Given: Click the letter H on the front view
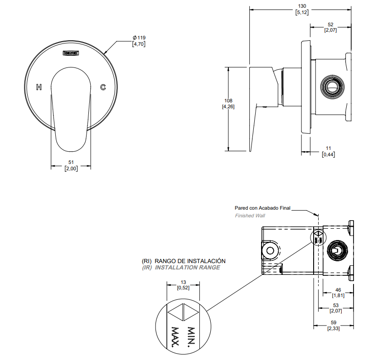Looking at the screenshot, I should click(x=39, y=87).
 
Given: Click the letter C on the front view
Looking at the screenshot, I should click(x=103, y=87).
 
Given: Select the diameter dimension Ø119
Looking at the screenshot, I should click(x=139, y=38).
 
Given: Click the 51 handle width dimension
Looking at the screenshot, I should click(x=71, y=162).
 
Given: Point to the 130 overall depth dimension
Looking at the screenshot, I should click(x=302, y=6).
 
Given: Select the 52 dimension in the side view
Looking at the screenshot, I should click(x=330, y=24).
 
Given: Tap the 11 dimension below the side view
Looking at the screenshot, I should click(x=329, y=148).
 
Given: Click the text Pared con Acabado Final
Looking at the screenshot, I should click(x=262, y=208).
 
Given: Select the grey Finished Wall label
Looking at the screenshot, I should click(x=250, y=216).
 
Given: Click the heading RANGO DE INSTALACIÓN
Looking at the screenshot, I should click(x=190, y=261).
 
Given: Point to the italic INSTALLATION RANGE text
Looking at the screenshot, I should click(x=187, y=268).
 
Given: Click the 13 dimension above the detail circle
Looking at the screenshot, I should click(x=184, y=282).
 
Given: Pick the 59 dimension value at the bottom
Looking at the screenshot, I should click(x=334, y=322).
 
